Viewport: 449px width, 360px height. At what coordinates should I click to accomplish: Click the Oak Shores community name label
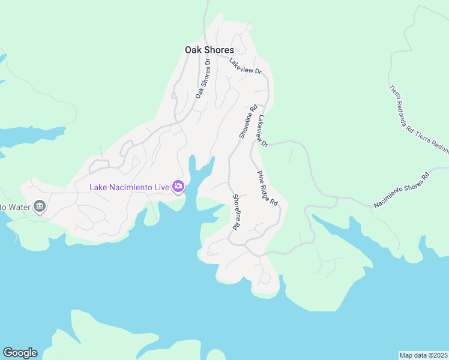(209, 50)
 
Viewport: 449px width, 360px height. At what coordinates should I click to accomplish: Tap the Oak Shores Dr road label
(202, 79)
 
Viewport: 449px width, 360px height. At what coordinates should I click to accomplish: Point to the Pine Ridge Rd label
(268, 188)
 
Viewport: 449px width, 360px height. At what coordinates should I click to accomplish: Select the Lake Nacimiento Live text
(129, 187)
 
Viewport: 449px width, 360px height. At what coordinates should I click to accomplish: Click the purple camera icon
(178, 187)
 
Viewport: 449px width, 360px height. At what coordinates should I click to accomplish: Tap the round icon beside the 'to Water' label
(40, 207)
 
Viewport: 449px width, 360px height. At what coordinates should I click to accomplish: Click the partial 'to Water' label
(16, 207)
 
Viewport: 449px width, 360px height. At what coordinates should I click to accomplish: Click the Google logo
(20, 353)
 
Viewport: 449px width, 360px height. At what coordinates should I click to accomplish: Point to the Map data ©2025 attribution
(423, 355)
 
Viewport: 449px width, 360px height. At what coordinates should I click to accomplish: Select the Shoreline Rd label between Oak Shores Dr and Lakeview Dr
(248, 121)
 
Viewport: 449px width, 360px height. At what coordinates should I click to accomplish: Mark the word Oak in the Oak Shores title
(193, 50)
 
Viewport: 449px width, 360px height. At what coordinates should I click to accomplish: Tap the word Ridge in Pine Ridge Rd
(268, 189)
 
